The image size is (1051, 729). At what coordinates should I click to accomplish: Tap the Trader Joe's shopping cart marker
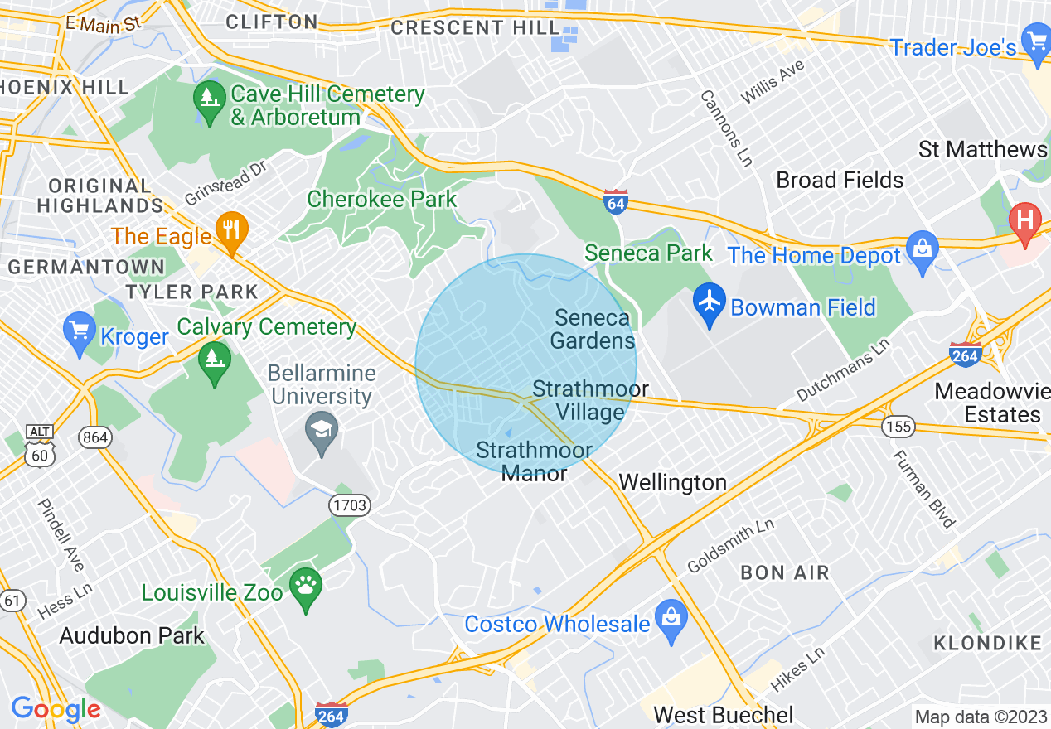tap(1036, 41)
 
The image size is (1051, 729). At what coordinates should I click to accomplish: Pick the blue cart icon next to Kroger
tap(79, 333)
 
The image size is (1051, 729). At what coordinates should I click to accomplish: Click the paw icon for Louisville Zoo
tap(306, 589)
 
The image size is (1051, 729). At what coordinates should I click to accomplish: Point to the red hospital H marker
tap(1025, 221)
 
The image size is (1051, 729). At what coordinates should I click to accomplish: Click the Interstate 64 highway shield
tap(615, 202)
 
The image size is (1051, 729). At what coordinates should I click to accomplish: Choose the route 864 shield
tap(96, 437)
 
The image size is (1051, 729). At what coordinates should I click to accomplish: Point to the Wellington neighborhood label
tap(672, 482)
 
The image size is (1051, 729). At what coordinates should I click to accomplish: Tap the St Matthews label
tap(982, 150)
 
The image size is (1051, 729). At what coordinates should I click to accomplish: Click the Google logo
tap(56, 709)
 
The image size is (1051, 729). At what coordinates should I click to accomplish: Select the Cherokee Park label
tap(381, 199)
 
